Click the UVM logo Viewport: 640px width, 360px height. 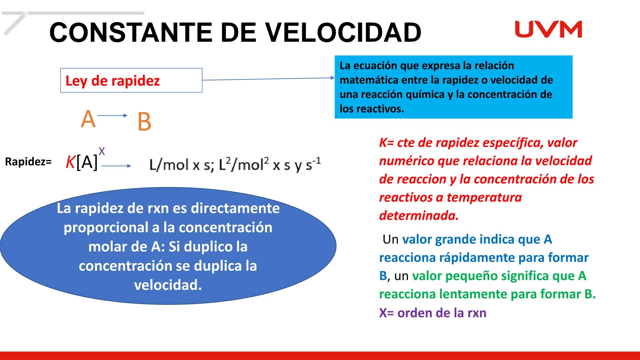click(x=548, y=29)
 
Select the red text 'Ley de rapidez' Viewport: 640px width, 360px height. click(x=113, y=81)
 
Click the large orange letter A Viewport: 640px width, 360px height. click(x=88, y=119)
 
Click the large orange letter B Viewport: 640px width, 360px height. click(x=144, y=122)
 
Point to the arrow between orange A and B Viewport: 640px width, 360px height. click(x=113, y=116)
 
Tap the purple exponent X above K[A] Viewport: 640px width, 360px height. click(x=102, y=151)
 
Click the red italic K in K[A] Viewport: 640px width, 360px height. click(x=70, y=163)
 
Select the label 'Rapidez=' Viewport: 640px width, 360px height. click(x=28, y=162)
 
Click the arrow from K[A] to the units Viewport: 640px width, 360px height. click(x=116, y=166)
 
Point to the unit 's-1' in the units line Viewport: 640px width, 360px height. click(x=313, y=164)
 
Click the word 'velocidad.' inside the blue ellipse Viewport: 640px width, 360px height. click(x=168, y=285)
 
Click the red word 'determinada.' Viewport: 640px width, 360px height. click(x=419, y=216)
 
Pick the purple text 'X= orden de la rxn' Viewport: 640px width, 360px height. click(x=433, y=313)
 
